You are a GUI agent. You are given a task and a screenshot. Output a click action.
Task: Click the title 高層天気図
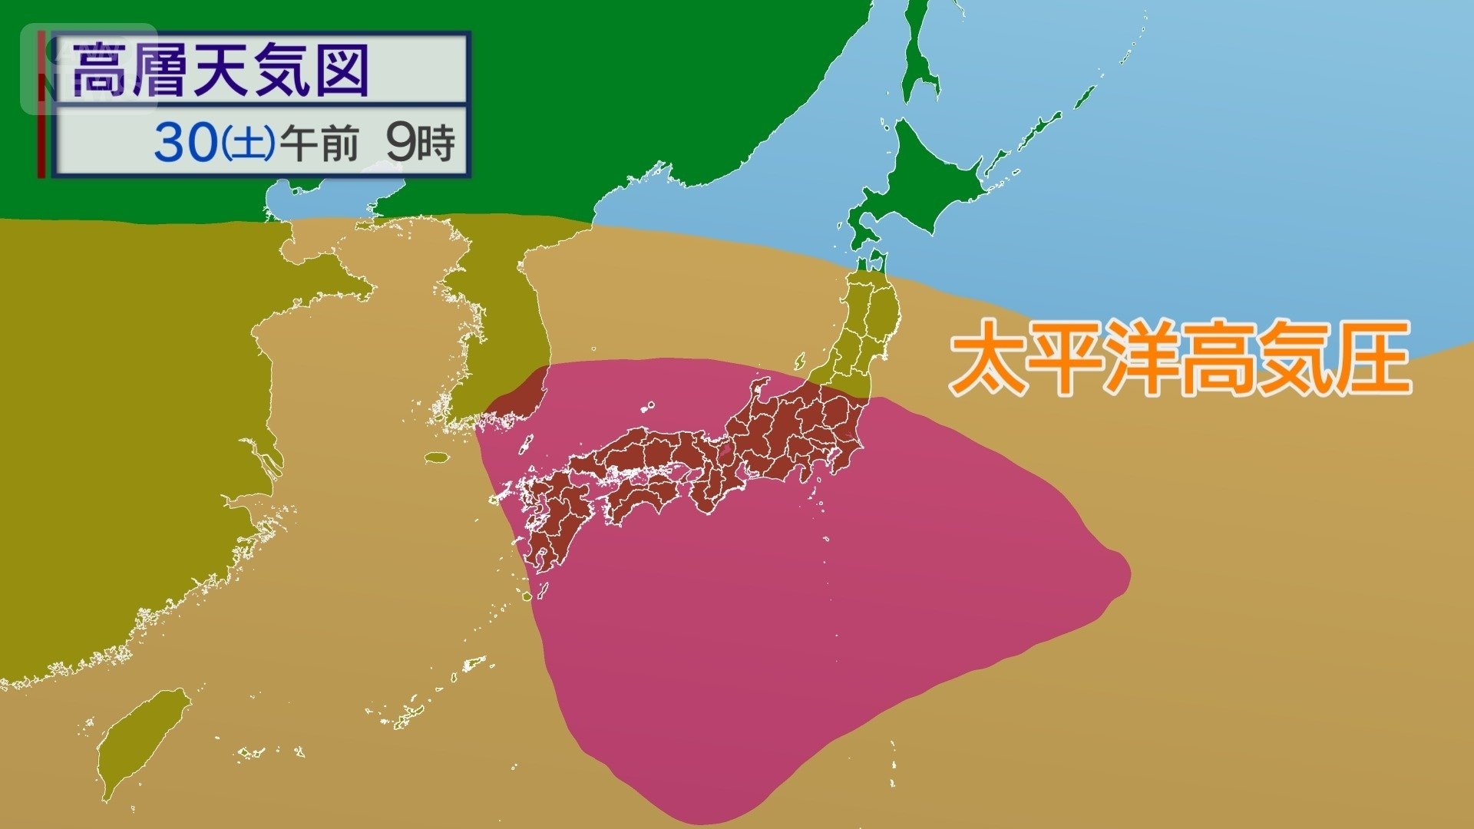(221, 71)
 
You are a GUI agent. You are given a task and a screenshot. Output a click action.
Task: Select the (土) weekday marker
(247, 144)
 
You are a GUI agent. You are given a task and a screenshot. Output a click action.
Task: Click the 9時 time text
(420, 143)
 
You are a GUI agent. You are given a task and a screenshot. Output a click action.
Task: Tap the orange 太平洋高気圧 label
(1180, 358)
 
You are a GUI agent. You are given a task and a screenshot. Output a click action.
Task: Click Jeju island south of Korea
(437, 457)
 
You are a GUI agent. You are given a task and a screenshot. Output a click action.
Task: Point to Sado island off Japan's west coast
(800, 361)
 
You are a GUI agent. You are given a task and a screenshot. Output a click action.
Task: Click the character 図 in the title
(342, 71)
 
